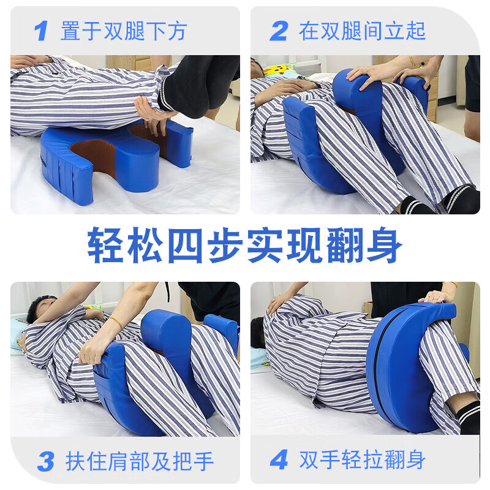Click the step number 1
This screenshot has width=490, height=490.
41,31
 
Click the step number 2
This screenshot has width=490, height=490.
279,31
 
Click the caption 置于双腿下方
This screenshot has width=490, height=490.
123,31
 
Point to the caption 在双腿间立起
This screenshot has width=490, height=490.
362,31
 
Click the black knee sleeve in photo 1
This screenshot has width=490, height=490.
196,86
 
